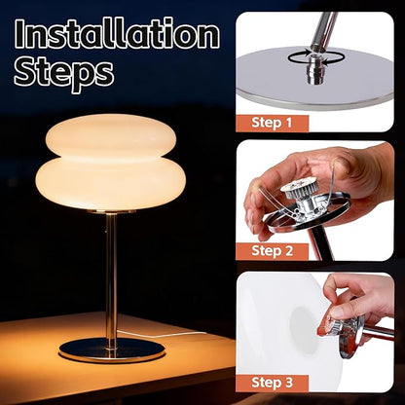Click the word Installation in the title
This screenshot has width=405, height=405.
point(117,34)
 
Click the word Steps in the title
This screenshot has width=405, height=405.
point(63,73)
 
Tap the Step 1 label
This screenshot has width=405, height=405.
point(272,123)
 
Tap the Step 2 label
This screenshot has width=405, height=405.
point(272,251)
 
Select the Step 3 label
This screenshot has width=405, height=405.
point(272,383)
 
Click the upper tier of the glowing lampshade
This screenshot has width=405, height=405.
point(111,134)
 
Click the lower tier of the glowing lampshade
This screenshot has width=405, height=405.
point(110,183)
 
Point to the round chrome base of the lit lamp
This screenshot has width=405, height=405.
point(112,350)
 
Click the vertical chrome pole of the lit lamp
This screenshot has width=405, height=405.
point(111,276)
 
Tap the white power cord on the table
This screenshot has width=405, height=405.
point(163,334)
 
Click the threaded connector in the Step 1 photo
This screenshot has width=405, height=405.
point(313,69)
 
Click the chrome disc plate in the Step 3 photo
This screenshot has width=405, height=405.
point(351,338)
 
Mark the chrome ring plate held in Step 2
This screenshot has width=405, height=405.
point(309,214)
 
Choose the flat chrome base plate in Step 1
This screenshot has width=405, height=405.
point(314,78)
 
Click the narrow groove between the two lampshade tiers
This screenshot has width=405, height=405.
point(111,158)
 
